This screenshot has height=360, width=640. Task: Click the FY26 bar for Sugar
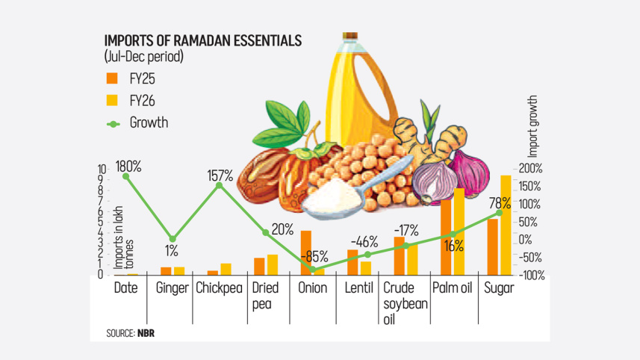[506, 225]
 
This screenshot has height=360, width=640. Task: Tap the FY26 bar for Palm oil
[459, 232]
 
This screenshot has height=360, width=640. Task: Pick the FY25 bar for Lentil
[353, 262]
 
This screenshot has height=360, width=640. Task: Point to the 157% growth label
[220, 176]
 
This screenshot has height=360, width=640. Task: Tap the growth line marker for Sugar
[500, 213]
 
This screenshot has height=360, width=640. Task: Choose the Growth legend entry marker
[112, 123]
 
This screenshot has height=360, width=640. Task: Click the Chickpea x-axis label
[220, 288]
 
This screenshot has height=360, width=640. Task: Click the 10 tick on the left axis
[102, 170]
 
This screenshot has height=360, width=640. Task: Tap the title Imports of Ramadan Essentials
[202, 40]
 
